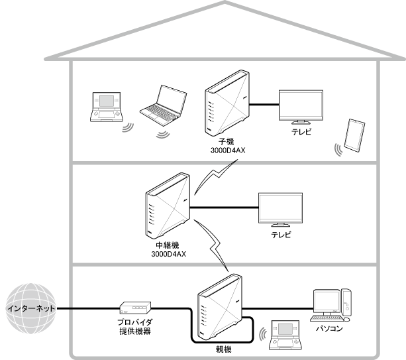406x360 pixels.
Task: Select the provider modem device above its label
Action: [136, 308]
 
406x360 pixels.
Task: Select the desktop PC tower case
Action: [349, 302]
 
